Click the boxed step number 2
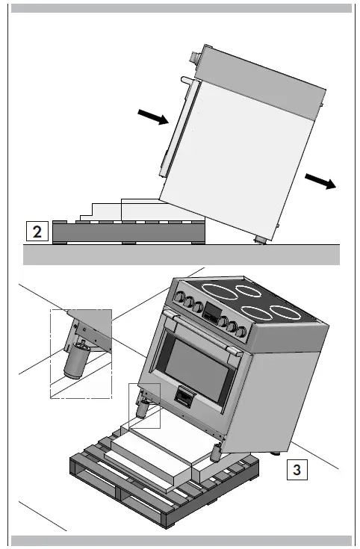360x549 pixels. tap(37, 232)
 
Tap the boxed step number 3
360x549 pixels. tap(297, 470)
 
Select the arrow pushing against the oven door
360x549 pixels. tap(153, 117)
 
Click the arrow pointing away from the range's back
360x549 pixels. tap(320, 181)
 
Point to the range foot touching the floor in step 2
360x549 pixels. tap(261, 240)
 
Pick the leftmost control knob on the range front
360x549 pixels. tap(180, 297)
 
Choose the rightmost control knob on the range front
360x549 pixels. tap(241, 331)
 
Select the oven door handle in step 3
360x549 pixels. tap(202, 331)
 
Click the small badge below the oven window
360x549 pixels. tap(184, 397)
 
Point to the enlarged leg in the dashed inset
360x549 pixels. tap(75, 361)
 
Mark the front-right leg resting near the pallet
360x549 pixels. tap(217, 452)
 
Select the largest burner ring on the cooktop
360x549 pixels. tap(220, 292)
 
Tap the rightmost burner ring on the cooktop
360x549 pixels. tap(286, 313)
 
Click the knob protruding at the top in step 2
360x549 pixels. tap(194, 58)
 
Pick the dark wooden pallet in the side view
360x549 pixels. tap(128, 232)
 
